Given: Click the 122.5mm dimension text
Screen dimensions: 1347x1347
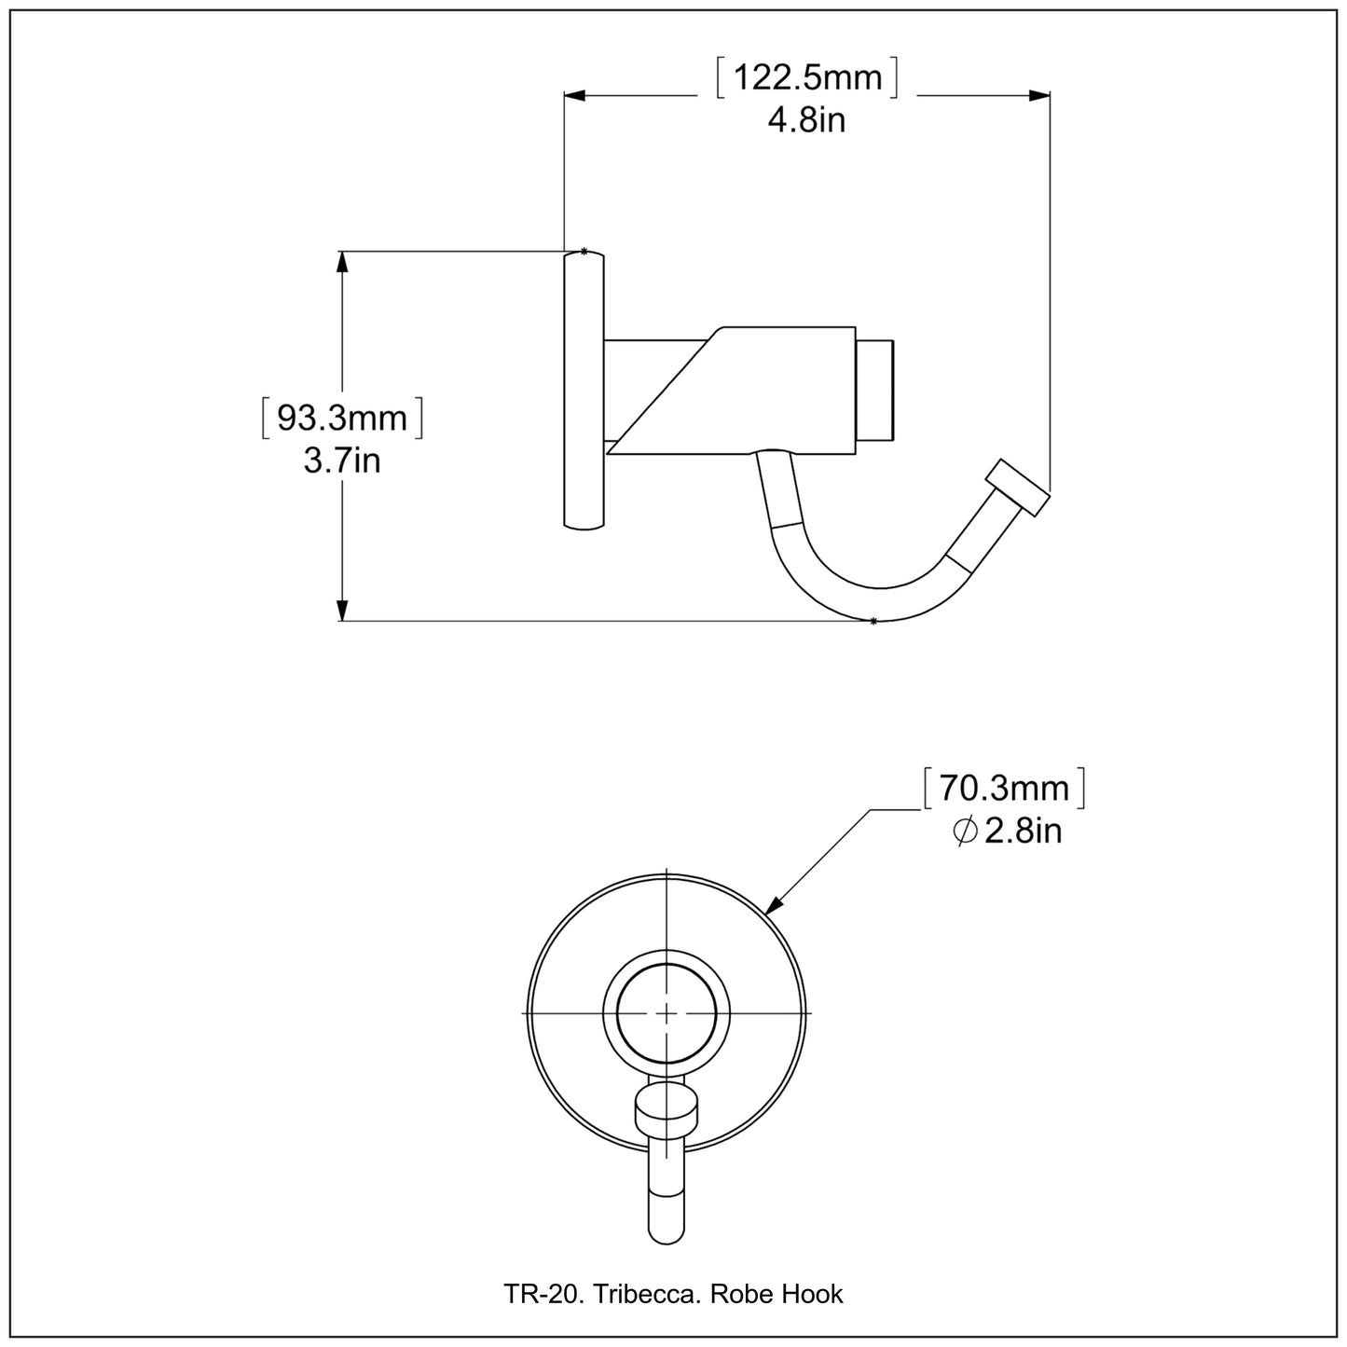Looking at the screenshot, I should (x=807, y=77).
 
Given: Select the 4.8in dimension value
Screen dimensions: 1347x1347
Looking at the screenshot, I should (x=807, y=120).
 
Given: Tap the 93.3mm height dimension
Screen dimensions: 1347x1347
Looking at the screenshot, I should (x=342, y=419).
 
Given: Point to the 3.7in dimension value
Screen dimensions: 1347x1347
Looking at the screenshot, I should (x=342, y=460).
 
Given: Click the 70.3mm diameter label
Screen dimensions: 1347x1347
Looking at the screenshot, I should (x=1004, y=789).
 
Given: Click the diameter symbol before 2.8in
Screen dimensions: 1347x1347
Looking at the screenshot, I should (x=965, y=831).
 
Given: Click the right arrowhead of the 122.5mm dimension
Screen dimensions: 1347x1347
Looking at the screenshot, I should (x=1040, y=95).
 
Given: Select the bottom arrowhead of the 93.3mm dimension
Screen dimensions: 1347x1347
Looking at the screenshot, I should (x=342, y=611).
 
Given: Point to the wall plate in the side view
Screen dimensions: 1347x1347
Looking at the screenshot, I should (x=584, y=390).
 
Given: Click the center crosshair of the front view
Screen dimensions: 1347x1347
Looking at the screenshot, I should (x=667, y=1012).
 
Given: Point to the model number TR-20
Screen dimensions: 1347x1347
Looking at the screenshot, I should (x=532, y=1294).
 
